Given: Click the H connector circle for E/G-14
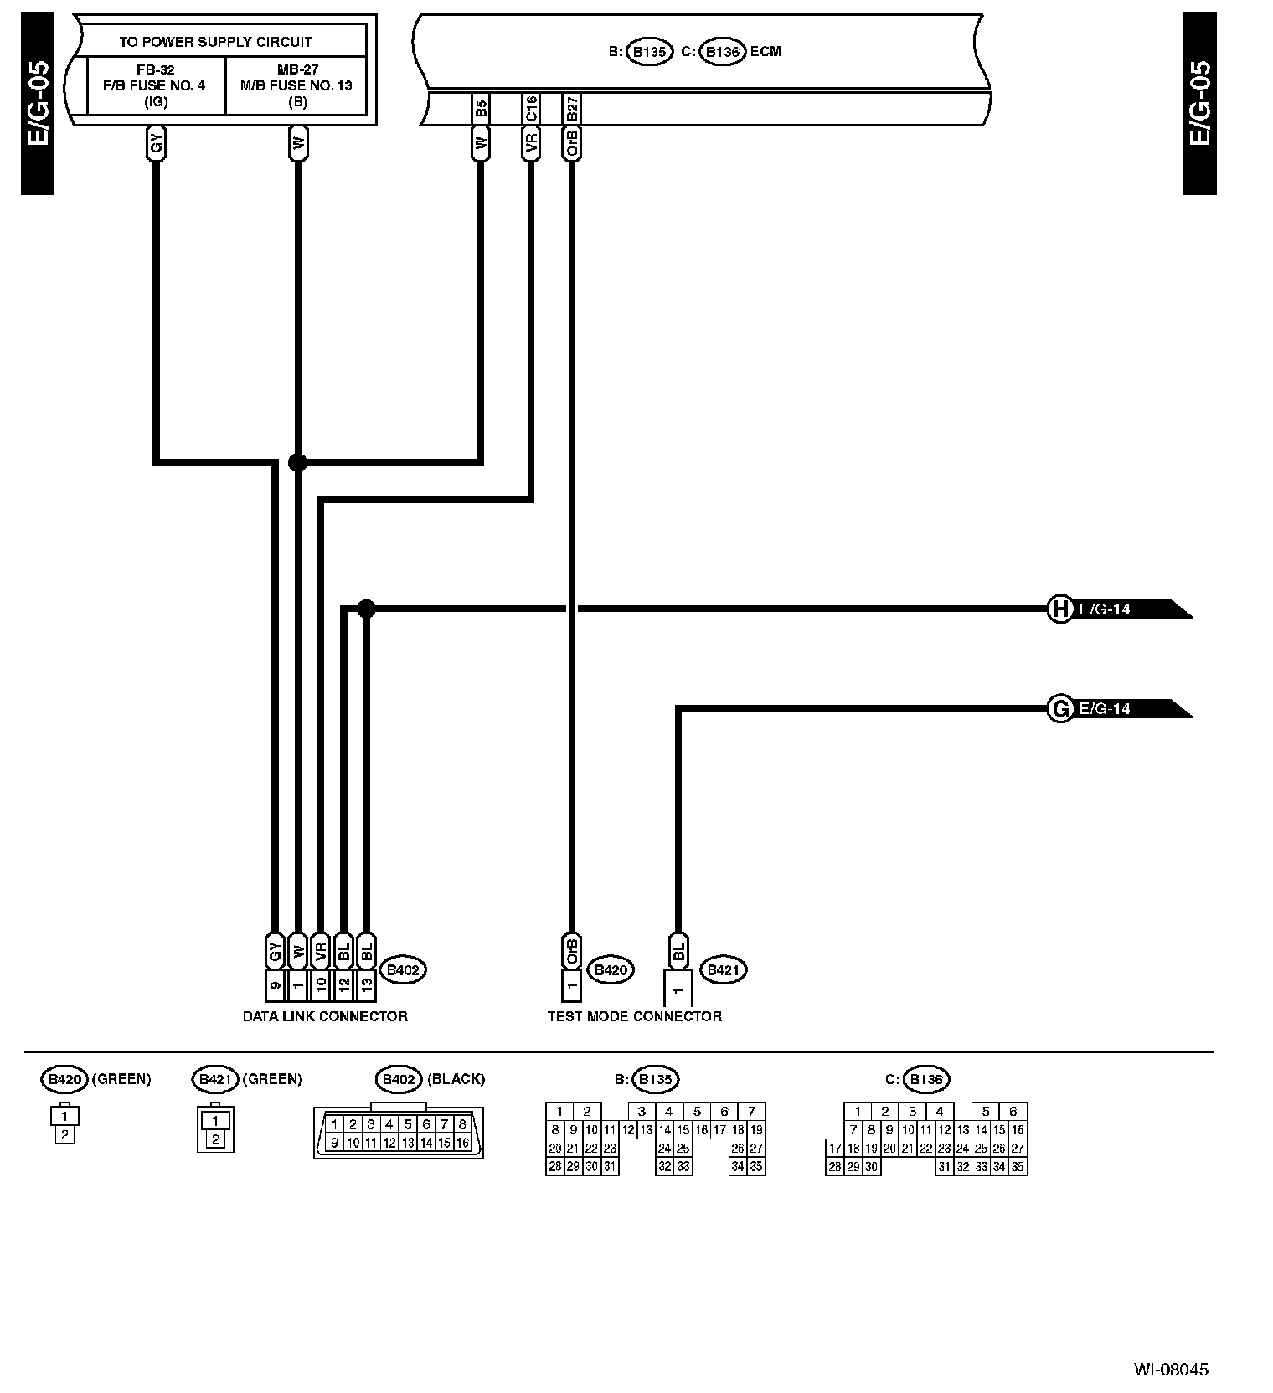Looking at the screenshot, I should [x=1060, y=609].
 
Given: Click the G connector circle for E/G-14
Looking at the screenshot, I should [x=1060, y=709].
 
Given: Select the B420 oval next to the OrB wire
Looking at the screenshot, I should [x=611, y=970].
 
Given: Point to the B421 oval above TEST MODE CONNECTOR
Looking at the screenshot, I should [x=722, y=970].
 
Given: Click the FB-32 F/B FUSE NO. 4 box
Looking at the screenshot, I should [x=157, y=85].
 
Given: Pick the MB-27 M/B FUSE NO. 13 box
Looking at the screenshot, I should [x=296, y=85].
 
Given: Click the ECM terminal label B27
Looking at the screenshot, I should [x=572, y=109].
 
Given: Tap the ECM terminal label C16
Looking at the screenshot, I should [x=531, y=109].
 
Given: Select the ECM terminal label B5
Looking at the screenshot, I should [x=481, y=109].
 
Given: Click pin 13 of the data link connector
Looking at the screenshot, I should [x=366, y=986].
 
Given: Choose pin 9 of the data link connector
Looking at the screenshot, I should [x=275, y=986].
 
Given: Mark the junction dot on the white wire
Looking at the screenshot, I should [x=297, y=461].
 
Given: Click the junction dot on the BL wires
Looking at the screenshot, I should [x=366, y=609].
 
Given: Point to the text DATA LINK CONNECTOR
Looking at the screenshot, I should [x=325, y=1016].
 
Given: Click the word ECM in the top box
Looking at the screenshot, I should [x=765, y=51].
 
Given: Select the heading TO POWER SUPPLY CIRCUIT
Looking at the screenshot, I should [x=215, y=41].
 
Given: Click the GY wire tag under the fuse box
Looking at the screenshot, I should [x=157, y=145].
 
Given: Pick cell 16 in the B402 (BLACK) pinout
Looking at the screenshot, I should [x=462, y=1143].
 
